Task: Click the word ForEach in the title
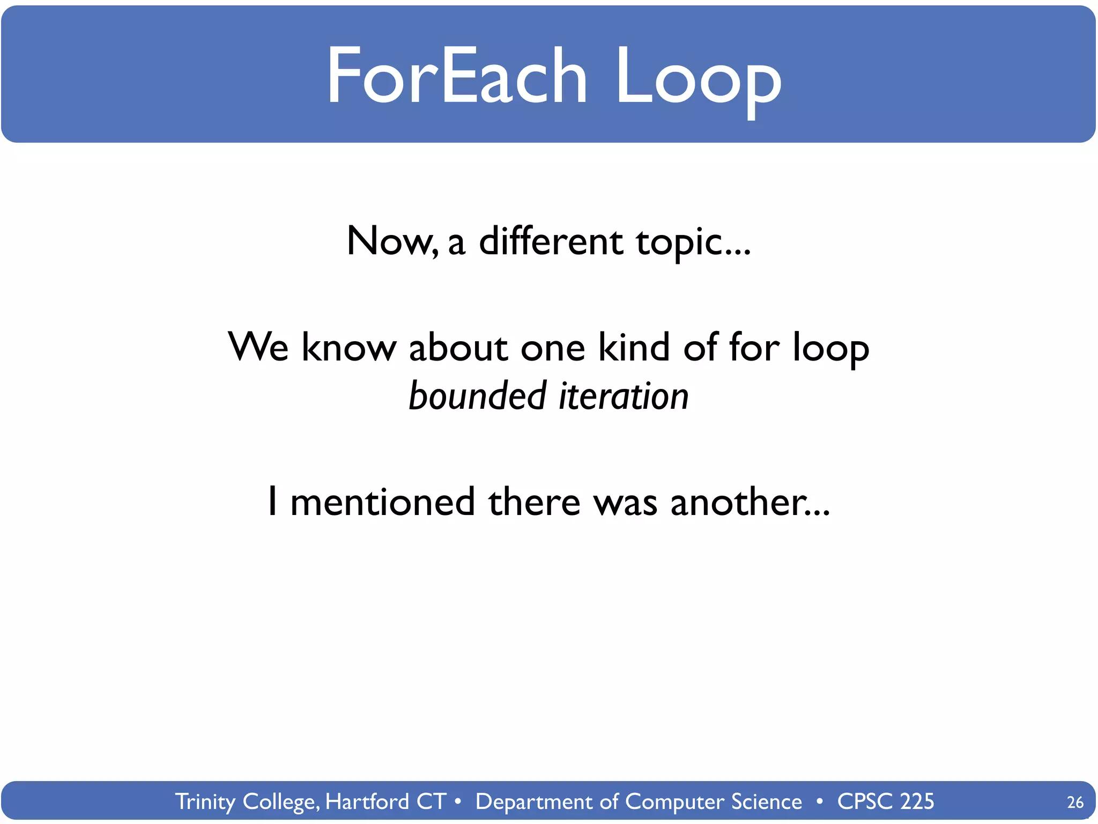pyautogui.click(x=457, y=75)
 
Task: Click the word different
pyautogui.click(x=551, y=241)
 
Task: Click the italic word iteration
pyautogui.click(x=624, y=396)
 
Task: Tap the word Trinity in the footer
pyautogui.click(x=205, y=801)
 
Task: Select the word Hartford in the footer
pyautogui.click(x=367, y=801)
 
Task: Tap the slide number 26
pyautogui.click(x=1075, y=802)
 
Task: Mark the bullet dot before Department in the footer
pyautogui.click(x=457, y=801)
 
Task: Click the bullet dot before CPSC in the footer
pyautogui.click(x=820, y=801)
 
